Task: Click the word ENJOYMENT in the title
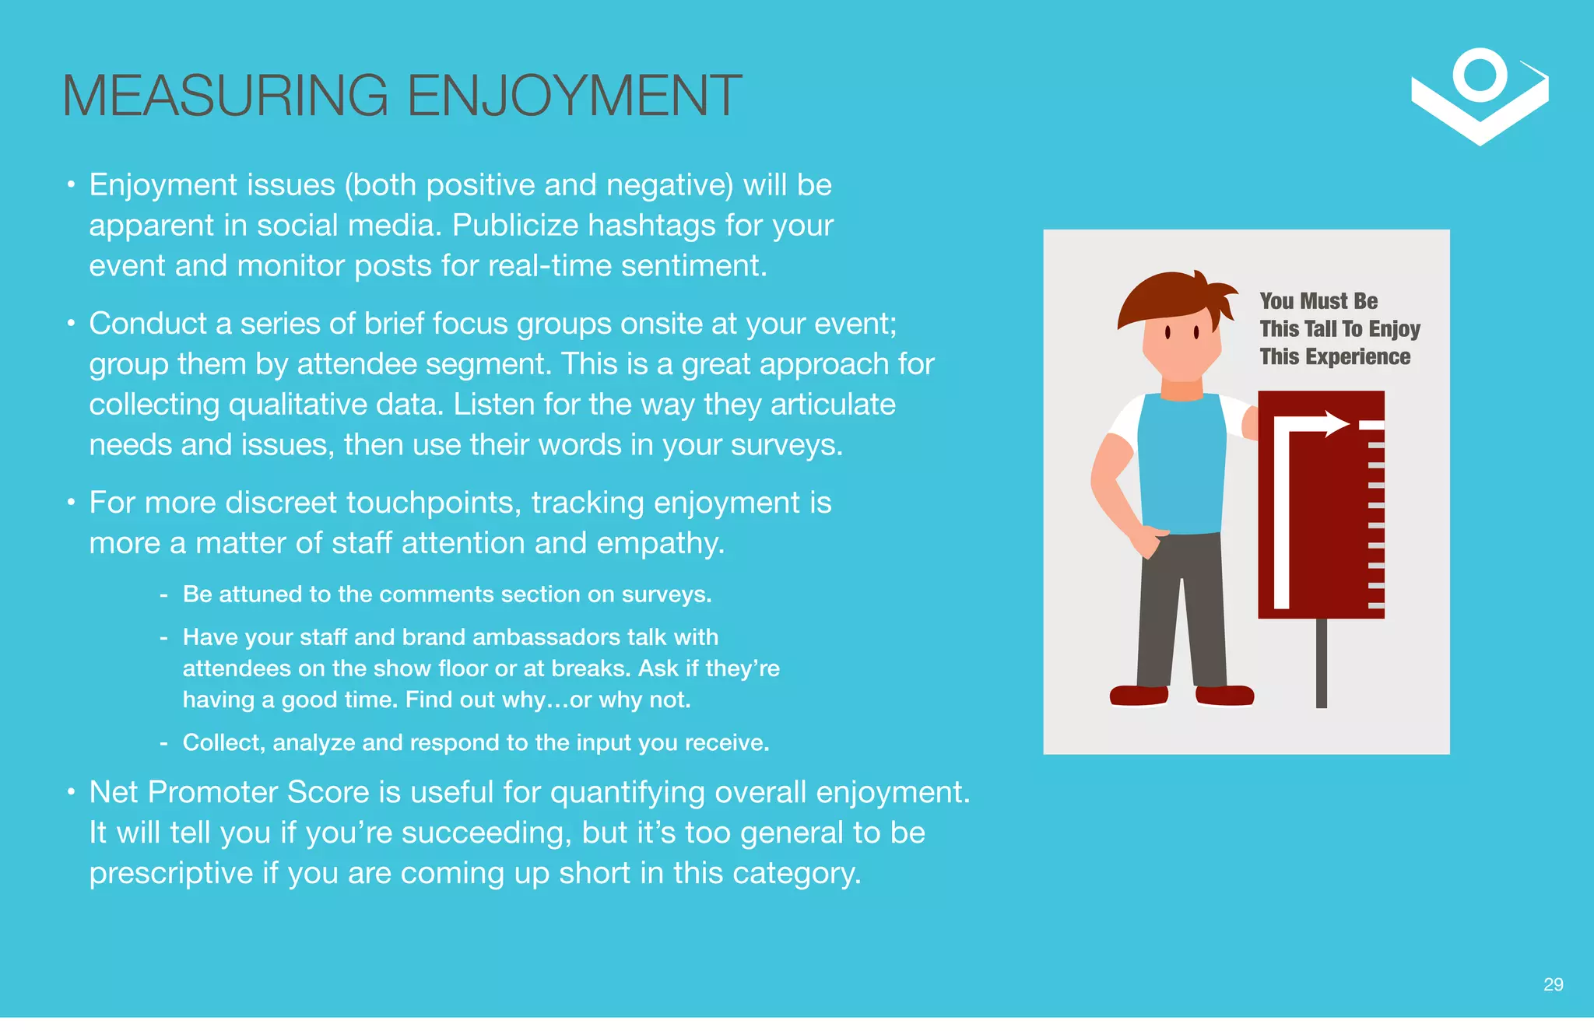tap(574, 96)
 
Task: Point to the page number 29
tap(1553, 984)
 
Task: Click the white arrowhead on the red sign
tap(1336, 424)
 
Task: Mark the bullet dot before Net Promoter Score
tap(71, 792)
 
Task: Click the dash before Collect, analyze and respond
tap(163, 743)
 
